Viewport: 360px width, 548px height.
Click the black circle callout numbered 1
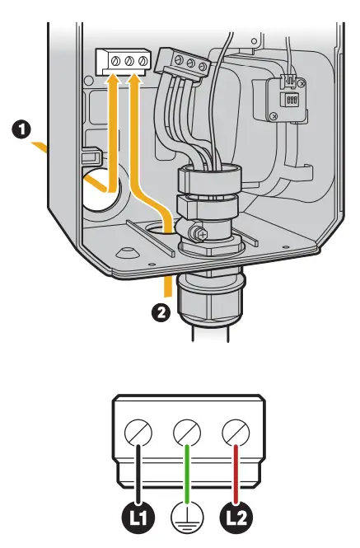click(x=23, y=129)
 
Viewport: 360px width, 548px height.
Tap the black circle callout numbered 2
click(x=161, y=312)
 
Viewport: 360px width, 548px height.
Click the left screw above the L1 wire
click(x=139, y=431)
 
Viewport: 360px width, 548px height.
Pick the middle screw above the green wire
click(x=188, y=431)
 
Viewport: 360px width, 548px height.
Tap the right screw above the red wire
click(x=236, y=431)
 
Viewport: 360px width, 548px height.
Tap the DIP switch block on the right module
click(x=289, y=99)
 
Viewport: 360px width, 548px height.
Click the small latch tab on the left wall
click(x=90, y=153)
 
